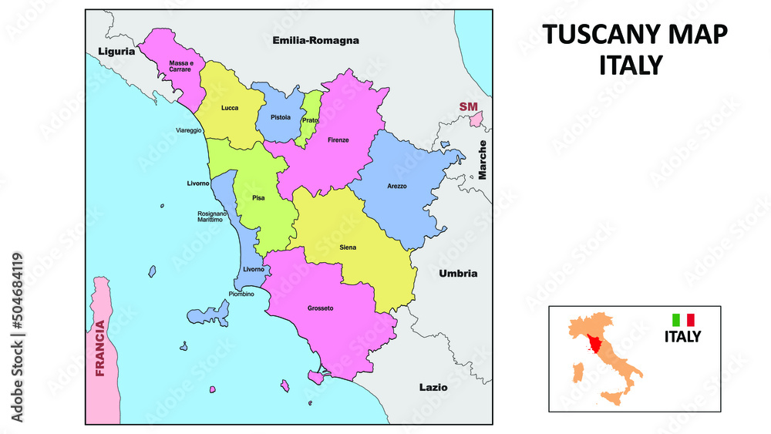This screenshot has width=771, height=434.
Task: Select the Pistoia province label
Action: coord(280,118)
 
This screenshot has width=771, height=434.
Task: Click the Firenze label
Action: coord(338,140)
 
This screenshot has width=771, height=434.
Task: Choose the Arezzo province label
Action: coord(397,187)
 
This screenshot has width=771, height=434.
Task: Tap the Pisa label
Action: coord(258,198)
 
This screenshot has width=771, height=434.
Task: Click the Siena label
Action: coord(347,247)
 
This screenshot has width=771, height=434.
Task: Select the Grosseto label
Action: coord(320,308)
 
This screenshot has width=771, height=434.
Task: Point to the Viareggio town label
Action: coord(189,130)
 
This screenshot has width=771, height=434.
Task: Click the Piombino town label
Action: coord(241,294)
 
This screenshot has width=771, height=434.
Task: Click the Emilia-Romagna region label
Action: coord(316,40)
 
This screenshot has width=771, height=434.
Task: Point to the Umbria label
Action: coord(458,274)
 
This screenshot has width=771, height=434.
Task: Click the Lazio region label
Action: coord(433,387)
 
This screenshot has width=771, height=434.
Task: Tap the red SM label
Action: coord(468,106)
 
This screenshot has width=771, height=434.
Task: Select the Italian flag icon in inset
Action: coord(683,319)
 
